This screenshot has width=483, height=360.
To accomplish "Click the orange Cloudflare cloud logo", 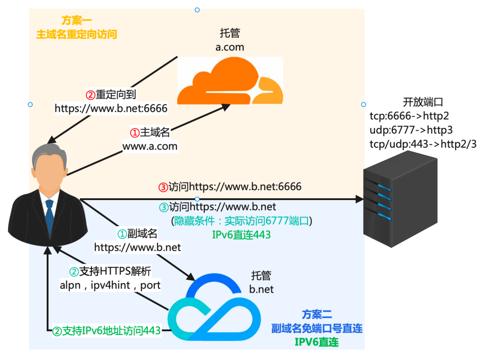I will tap(230, 82).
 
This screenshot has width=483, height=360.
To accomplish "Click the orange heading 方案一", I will tap(76, 20).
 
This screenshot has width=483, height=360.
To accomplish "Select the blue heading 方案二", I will tap(316, 313).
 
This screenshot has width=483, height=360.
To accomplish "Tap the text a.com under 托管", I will tap(230, 47).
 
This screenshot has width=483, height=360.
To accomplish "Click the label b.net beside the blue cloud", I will tap(261, 289).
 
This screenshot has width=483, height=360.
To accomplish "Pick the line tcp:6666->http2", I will tap(409, 116).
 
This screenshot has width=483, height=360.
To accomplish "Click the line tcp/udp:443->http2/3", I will tap(423, 144).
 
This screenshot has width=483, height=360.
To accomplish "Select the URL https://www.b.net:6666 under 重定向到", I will tap(111, 108).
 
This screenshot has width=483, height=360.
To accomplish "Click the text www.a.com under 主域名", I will tap(150, 146).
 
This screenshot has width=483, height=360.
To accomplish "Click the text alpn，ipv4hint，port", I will tap(110, 285).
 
